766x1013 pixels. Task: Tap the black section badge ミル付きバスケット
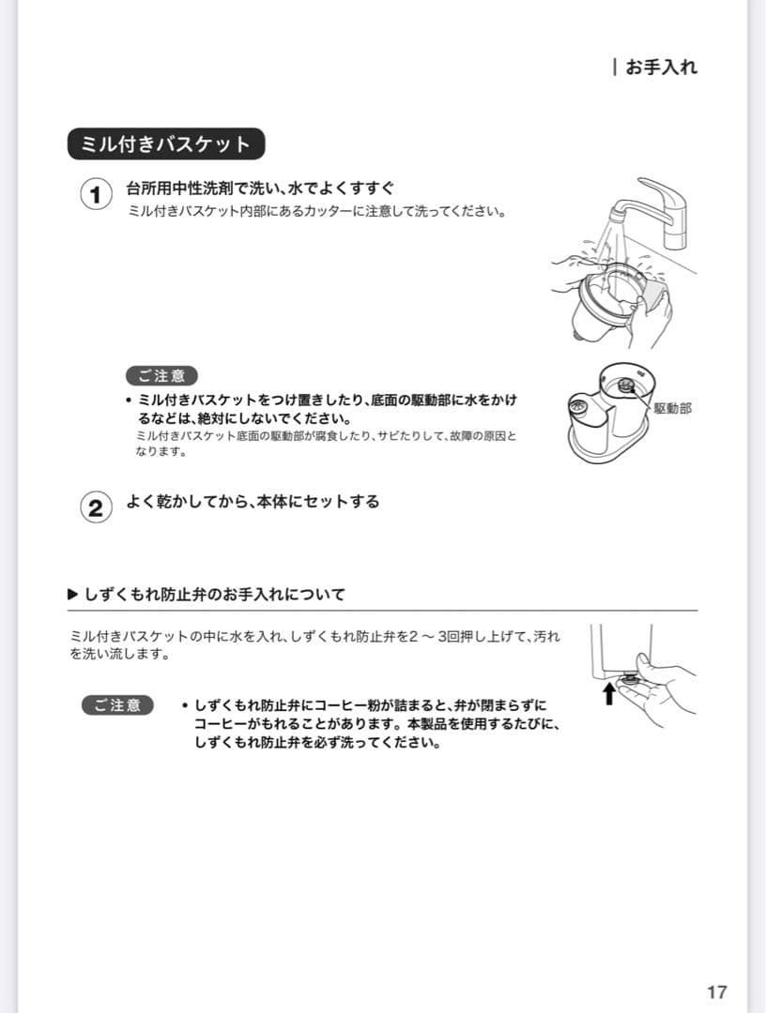166,144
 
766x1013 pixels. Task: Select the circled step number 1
95,196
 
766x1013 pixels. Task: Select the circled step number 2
95,508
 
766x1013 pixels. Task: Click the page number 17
716,992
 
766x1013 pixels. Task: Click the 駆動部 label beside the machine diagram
672,409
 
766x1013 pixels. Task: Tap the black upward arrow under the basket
608,693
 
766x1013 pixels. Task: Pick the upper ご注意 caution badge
161,376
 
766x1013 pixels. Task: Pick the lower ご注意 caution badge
117,705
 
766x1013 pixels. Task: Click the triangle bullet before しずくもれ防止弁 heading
73,594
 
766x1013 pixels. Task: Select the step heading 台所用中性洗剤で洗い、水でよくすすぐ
260,189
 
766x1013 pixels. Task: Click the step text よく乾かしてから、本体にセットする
253,502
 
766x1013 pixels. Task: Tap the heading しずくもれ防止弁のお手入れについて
215,594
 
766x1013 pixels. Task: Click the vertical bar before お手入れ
614,68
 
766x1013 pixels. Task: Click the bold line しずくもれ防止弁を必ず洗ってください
317,743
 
